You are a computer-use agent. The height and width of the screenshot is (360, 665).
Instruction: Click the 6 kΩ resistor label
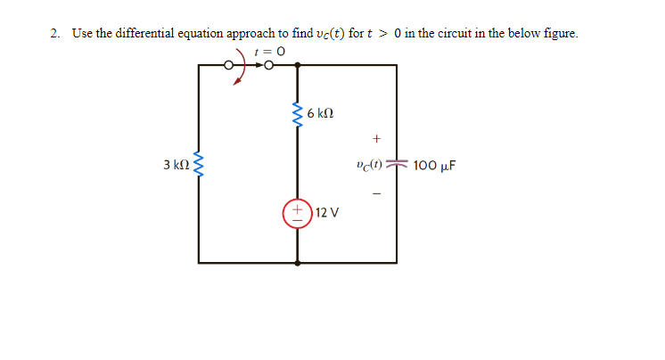click(320, 113)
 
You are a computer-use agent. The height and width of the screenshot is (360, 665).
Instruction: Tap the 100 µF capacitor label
click(435, 166)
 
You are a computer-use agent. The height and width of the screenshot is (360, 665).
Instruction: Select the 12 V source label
click(327, 214)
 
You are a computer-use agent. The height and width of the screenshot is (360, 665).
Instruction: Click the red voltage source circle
click(297, 214)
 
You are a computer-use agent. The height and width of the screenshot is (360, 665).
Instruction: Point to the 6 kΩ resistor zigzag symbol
click(296, 113)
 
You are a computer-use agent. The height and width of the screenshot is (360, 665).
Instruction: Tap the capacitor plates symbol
click(398, 166)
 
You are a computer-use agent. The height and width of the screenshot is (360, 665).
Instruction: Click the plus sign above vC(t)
click(377, 139)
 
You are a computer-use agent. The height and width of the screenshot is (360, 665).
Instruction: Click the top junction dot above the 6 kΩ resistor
click(297, 65)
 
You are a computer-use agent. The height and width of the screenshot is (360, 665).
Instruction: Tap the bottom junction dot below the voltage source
click(297, 263)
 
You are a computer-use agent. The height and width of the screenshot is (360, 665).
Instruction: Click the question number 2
click(55, 34)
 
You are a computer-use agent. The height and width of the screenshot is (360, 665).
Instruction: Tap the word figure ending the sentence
click(559, 34)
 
